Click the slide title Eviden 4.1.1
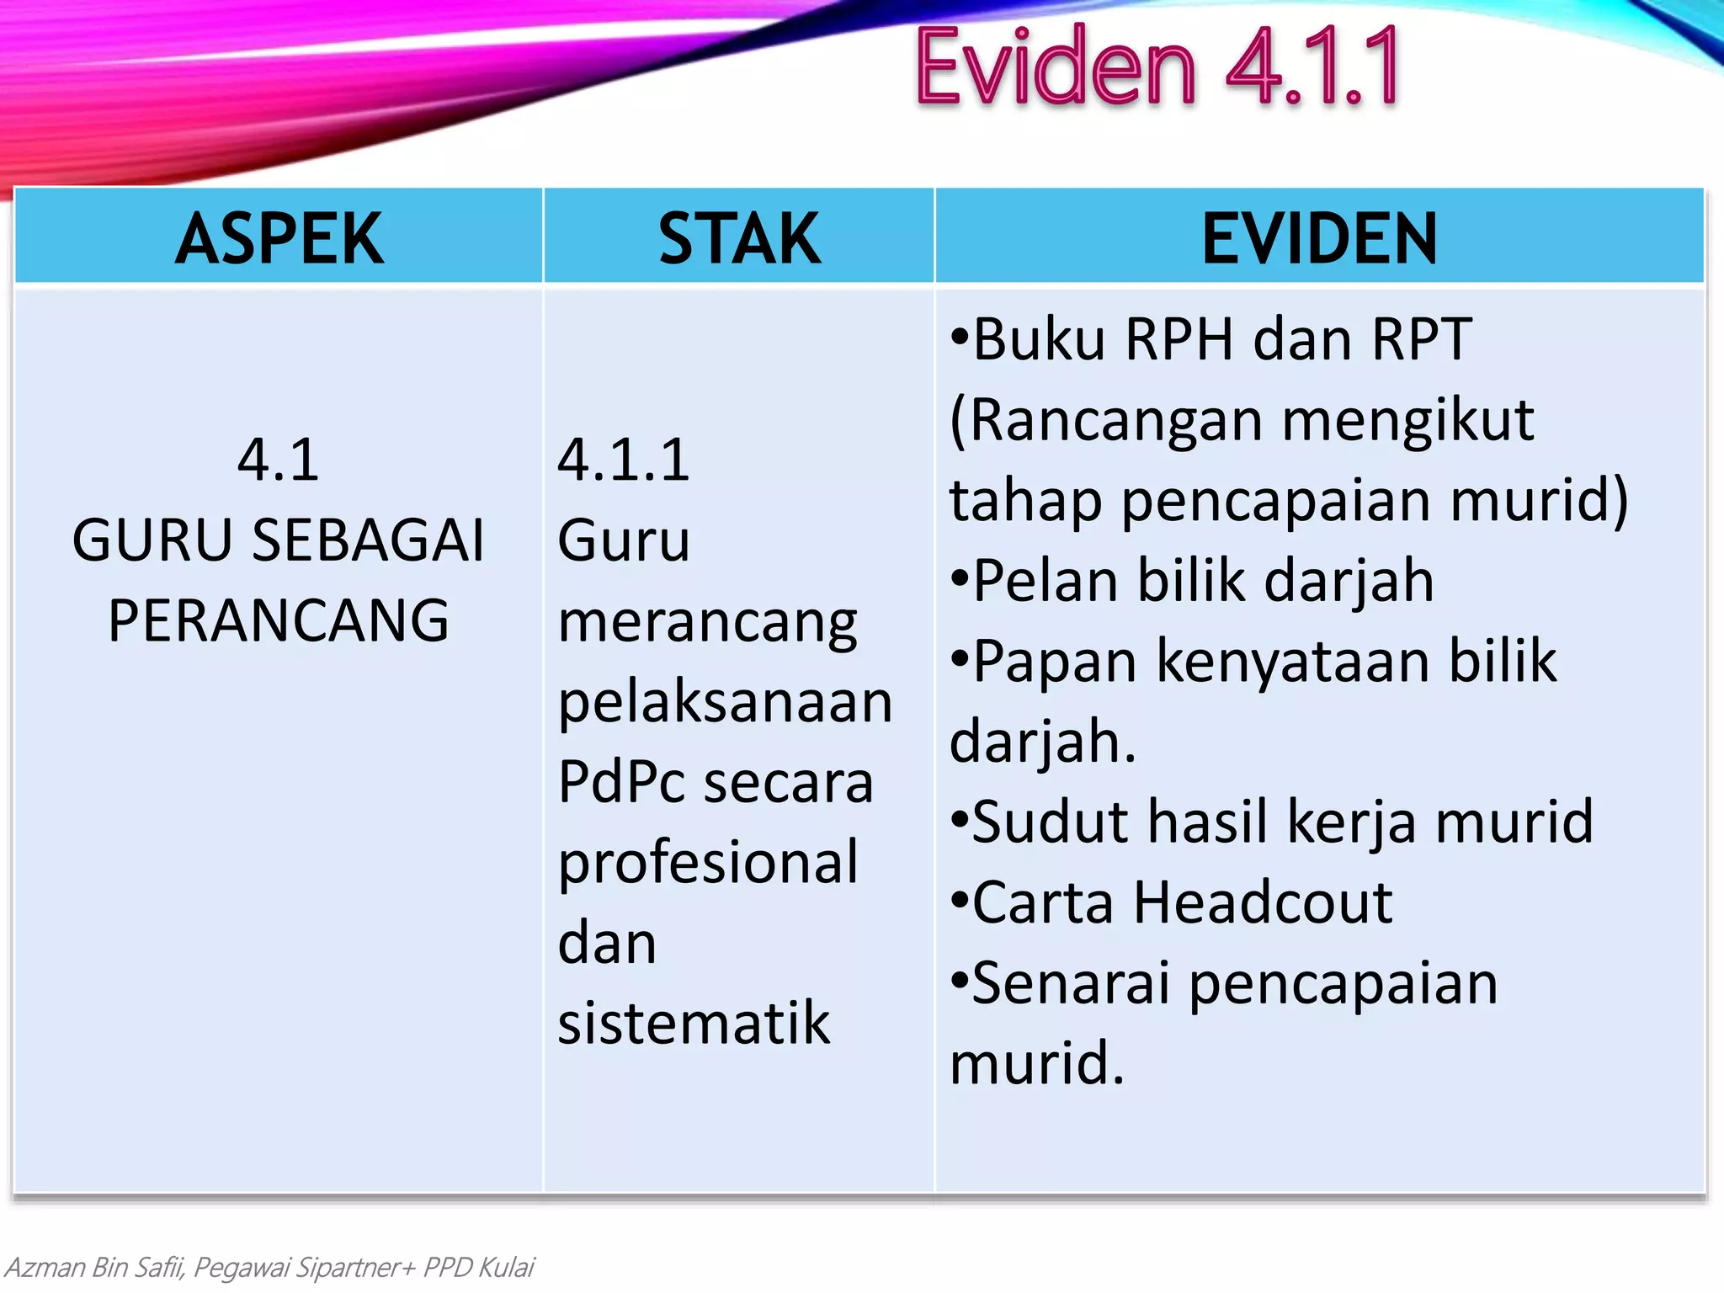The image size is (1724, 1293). pyautogui.click(x=1157, y=67)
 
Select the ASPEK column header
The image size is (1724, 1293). pyautogui.click(x=279, y=239)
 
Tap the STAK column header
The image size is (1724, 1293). pyautogui.click(x=739, y=239)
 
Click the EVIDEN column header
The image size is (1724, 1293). pyautogui.click(x=1319, y=239)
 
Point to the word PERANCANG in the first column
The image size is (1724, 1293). pyautogui.click(x=279, y=621)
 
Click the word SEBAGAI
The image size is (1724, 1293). pyautogui.click(x=369, y=540)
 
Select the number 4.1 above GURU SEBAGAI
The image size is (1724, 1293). pyautogui.click(x=279, y=460)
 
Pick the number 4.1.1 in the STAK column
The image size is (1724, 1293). pyautogui.click(x=624, y=460)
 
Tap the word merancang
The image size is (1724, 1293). pyautogui.click(x=708, y=624)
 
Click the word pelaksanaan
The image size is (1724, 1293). pyautogui.click(x=725, y=702)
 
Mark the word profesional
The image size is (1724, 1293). pyautogui.click(x=708, y=863)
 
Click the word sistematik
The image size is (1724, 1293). pyautogui.click(x=694, y=1024)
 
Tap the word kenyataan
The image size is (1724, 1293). pyautogui.click(x=1293, y=662)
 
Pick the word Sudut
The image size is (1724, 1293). pyautogui.click(x=1051, y=822)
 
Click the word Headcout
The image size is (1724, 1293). pyautogui.click(x=1263, y=903)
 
